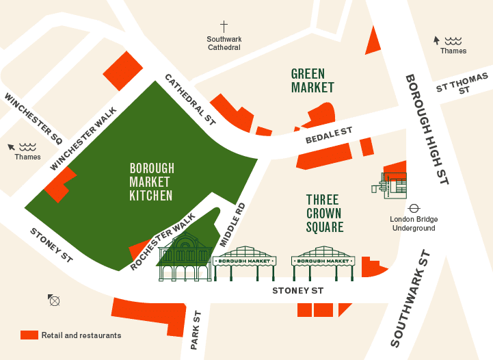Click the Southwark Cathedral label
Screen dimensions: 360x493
224,43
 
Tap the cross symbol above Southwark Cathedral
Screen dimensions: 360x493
224,25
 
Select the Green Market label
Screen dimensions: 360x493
312,80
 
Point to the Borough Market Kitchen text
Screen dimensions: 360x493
151,181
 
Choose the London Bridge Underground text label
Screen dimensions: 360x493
414,223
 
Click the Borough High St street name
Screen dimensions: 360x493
426,129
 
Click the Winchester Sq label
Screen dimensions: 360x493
33,118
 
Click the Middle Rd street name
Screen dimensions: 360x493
232,225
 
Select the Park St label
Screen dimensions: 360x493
196,330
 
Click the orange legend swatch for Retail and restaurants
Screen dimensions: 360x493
29,335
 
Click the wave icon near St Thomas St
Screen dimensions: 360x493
452,40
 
